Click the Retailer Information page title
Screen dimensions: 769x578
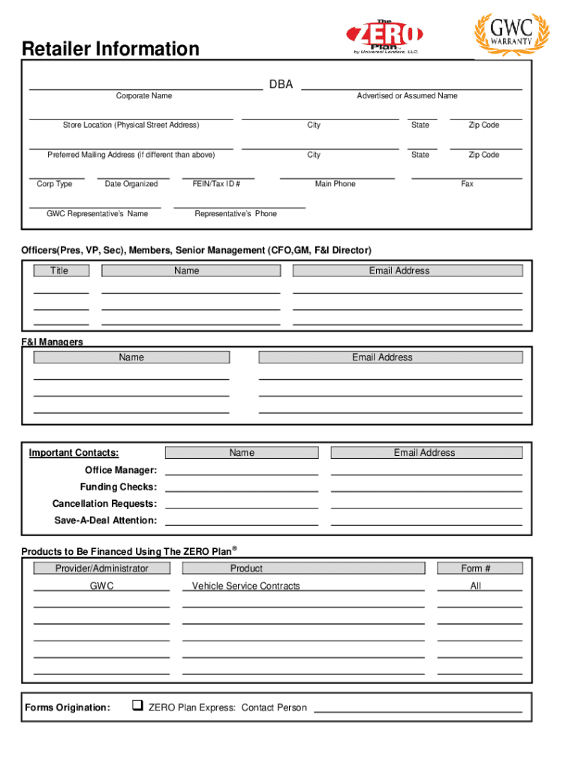click(x=110, y=50)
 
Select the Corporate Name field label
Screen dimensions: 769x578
click(x=143, y=96)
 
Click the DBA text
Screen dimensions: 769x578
click(x=281, y=85)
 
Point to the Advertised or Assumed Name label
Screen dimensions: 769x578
click(x=407, y=96)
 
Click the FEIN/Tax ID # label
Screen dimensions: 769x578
click(x=217, y=184)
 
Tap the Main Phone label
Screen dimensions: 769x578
click(x=335, y=184)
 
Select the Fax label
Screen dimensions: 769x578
click(x=467, y=184)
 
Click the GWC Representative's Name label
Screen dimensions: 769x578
click(x=97, y=214)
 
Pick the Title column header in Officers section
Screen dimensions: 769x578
click(x=59, y=271)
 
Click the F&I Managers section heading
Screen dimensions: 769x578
click(x=52, y=342)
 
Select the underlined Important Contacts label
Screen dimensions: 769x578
click(x=74, y=453)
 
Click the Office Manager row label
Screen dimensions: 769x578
click(x=121, y=470)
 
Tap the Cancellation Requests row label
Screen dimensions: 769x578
click(x=104, y=504)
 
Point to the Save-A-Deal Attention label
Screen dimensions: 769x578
click(x=105, y=520)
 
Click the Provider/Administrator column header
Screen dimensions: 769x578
click(x=101, y=568)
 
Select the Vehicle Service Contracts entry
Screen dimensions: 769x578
click(x=245, y=586)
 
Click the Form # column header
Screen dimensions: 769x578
click(x=476, y=568)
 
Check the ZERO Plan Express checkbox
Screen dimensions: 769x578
click(x=137, y=706)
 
